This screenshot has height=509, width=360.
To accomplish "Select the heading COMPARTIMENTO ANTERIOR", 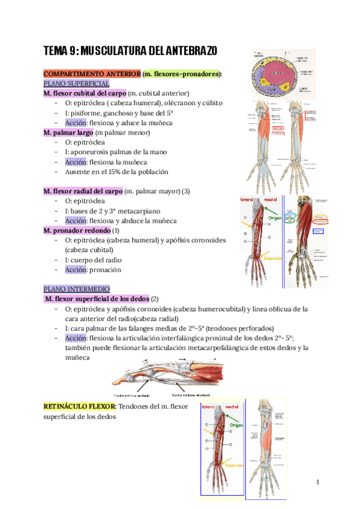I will [x=92, y=74].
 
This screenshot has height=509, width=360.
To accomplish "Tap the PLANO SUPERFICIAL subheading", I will [x=76, y=83].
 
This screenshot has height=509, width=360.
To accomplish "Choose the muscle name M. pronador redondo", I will [x=77, y=230].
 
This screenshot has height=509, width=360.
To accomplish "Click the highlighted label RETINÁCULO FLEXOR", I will [x=80, y=407].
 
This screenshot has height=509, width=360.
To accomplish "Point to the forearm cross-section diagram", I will [x=274, y=73].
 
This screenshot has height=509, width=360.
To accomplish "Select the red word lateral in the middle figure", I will [x=247, y=199].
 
